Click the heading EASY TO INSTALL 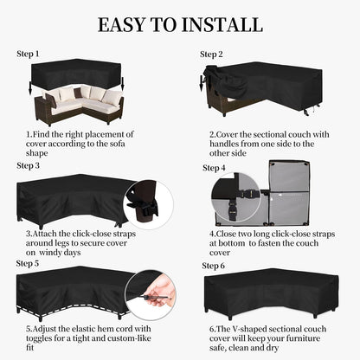tap(179, 23)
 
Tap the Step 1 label tap(29, 54)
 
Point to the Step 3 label tap(29, 164)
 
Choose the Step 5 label tap(29, 263)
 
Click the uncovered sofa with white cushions tap(74, 104)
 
